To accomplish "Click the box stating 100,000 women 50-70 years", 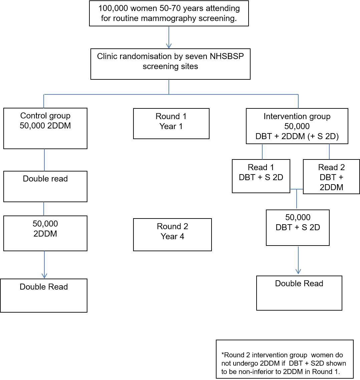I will click(169, 13).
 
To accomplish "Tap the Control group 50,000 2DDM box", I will click(45, 128).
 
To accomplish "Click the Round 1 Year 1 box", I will click(171, 123).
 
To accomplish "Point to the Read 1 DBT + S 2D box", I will click(261, 176).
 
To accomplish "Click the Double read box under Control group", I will click(45, 186).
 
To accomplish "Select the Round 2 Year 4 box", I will click(172, 234).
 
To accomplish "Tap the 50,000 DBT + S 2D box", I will click(298, 228).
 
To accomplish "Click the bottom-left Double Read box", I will click(44, 295).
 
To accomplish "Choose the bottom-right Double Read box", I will click(299, 293).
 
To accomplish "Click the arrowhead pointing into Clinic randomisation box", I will click(169, 46).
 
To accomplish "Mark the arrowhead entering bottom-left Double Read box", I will click(44, 276).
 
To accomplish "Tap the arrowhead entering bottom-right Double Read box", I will click(298, 272).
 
